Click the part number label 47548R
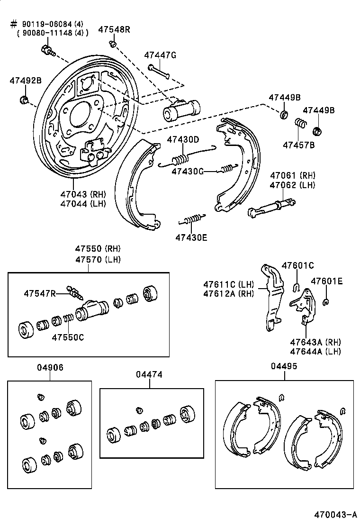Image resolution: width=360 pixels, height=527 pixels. [x=114, y=29]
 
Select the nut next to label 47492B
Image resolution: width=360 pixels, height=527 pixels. [x=24, y=100]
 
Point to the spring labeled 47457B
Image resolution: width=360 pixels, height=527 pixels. [x=300, y=123]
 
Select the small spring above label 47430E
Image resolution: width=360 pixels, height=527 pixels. [x=191, y=219]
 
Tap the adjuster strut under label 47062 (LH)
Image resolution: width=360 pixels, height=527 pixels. [x=272, y=208]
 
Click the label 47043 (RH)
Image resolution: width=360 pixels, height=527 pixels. [x=83, y=194]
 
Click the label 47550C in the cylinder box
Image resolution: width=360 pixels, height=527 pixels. [x=67, y=337]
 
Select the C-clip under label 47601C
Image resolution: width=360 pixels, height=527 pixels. [x=296, y=286]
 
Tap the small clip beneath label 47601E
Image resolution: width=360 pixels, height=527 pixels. [x=326, y=301]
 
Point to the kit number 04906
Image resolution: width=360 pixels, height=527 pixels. [x=50, y=367]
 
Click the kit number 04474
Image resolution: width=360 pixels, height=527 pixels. [x=149, y=374]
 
